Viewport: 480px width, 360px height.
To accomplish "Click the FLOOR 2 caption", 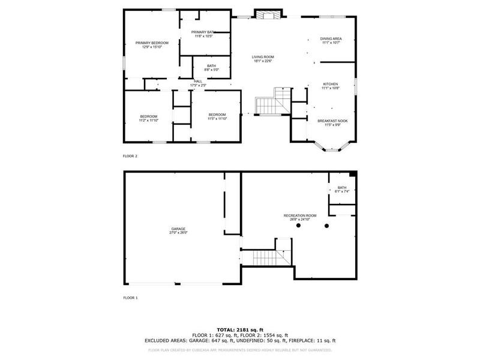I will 130,155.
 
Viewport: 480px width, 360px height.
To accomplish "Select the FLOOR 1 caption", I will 130,298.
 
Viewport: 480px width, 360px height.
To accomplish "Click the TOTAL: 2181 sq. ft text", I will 239,329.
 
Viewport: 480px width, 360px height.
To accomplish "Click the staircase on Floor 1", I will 265,258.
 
